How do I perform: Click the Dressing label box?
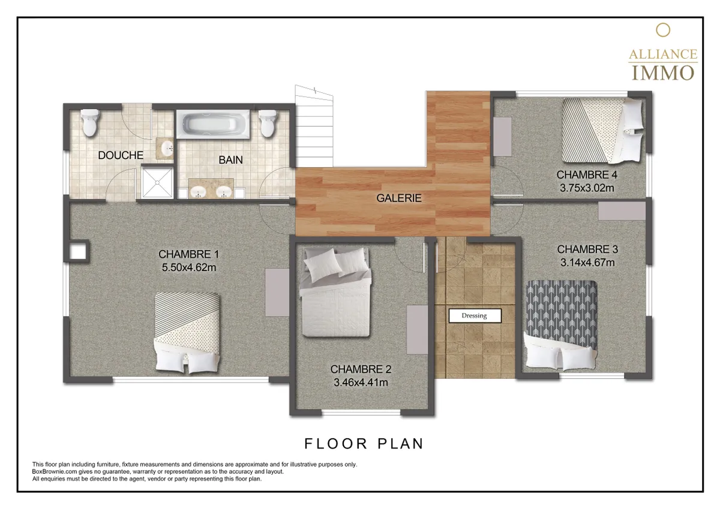pyautogui.click(x=475, y=316)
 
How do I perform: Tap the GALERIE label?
pyautogui.click(x=399, y=198)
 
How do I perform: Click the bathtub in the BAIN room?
pyautogui.click(x=213, y=124)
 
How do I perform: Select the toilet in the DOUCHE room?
pyautogui.click(x=89, y=122)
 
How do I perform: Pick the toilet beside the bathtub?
pyautogui.click(x=268, y=124)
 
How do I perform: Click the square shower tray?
pyautogui.click(x=157, y=182)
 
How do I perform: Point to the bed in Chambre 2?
pyautogui.click(x=336, y=292)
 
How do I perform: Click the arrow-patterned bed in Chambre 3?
pyautogui.click(x=561, y=325)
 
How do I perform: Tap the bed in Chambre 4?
pyautogui.click(x=603, y=130)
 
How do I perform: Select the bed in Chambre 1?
pyautogui.click(x=188, y=333)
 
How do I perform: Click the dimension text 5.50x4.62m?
pyautogui.click(x=189, y=267)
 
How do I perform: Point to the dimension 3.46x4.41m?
pyautogui.click(x=361, y=382)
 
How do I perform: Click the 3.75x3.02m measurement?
pyautogui.click(x=587, y=188)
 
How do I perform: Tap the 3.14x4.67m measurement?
pyautogui.click(x=587, y=263)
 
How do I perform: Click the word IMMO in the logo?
pyautogui.click(x=663, y=73)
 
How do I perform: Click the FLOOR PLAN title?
pyautogui.click(x=364, y=444)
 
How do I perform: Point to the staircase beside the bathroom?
pyautogui.click(x=314, y=126)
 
